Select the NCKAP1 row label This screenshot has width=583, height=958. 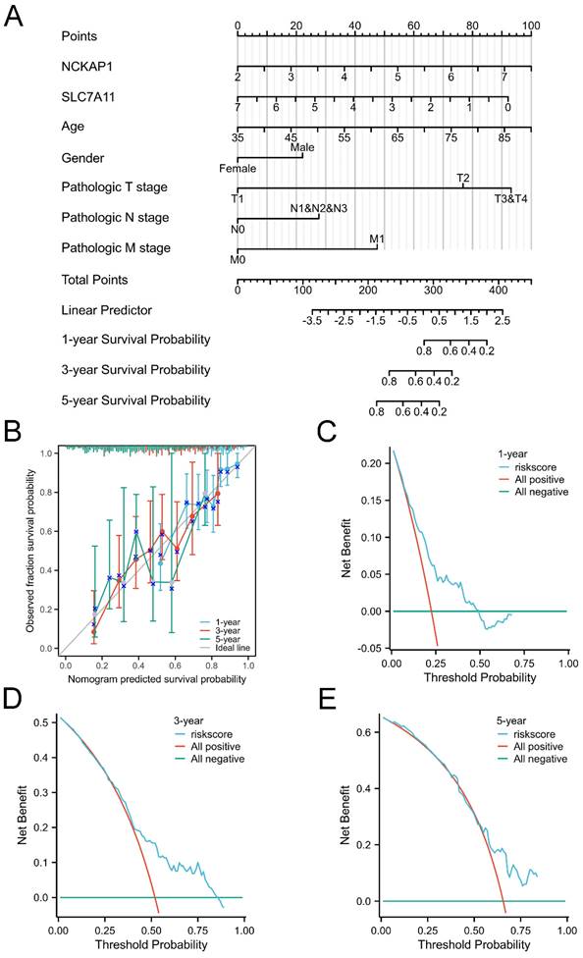[x=86, y=67]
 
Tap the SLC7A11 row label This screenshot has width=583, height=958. [x=89, y=96]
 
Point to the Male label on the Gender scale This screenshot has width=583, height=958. [x=302, y=148]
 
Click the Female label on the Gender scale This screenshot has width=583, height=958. [x=238, y=168]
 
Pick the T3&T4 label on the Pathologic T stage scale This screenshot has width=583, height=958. [x=511, y=198]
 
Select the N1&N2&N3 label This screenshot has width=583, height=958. [x=319, y=208]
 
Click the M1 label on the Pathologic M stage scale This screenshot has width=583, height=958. [x=377, y=239]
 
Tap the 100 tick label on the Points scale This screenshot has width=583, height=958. [x=531, y=25]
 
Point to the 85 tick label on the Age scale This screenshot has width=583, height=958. [x=503, y=138]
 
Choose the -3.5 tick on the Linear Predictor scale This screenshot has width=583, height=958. [x=313, y=321]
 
